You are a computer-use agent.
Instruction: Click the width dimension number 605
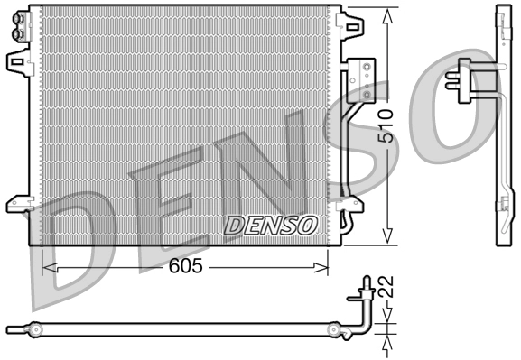point(184,267)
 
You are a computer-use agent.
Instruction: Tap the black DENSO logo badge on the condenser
point(270,224)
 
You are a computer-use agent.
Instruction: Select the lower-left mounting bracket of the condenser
point(17,204)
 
